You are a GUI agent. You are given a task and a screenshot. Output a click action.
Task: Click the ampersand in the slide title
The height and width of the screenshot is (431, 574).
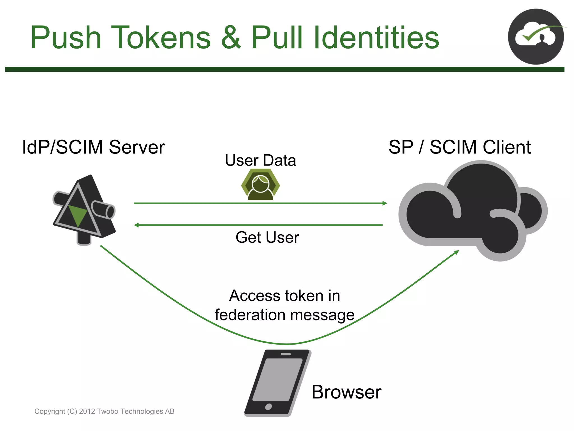[231, 38]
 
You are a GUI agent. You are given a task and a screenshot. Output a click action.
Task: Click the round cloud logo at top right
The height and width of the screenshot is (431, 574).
[536, 37]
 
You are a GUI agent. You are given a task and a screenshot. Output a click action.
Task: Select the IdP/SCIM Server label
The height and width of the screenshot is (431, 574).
[93, 147]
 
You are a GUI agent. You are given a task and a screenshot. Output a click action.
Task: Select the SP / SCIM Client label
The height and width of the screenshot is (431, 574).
[460, 147]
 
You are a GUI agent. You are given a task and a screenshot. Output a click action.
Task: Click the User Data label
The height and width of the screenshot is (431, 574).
[260, 161]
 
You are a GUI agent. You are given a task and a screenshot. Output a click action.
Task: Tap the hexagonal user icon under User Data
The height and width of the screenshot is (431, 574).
[261, 186]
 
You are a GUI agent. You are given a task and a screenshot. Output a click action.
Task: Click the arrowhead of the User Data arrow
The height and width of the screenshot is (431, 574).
[385, 203]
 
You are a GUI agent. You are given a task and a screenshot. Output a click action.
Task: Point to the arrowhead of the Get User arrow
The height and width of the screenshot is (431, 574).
[136, 225]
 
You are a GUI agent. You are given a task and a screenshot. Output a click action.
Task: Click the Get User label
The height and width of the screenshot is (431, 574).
[267, 237]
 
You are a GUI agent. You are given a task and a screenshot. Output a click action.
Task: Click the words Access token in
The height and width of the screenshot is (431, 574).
[284, 296]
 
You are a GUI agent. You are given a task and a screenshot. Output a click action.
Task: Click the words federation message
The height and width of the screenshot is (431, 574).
[284, 315]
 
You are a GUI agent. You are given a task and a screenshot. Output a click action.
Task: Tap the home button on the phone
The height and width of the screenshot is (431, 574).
[269, 407]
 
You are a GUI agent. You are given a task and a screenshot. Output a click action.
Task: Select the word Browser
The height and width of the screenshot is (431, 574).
[346, 392]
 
